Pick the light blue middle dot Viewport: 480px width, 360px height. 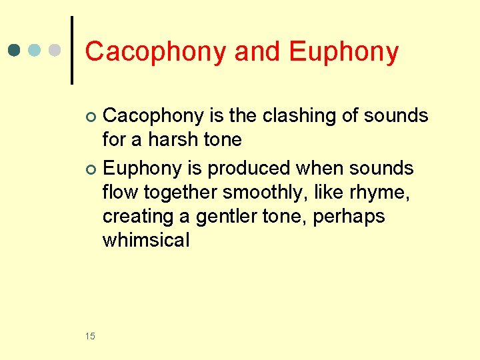[36, 50]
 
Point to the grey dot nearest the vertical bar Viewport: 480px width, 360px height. [56, 50]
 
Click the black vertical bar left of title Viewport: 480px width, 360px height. [72, 50]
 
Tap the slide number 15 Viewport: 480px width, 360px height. [91, 336]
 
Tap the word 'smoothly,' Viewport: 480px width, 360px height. [263, 192]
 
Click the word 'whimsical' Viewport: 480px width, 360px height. [146, 240]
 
